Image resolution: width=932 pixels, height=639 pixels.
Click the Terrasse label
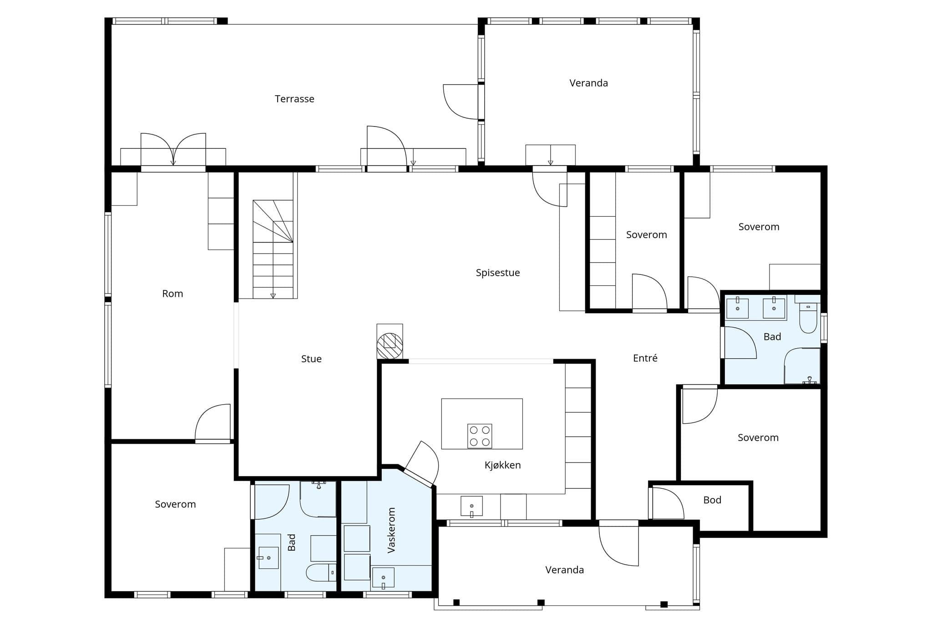pyautogui.click(x=294, y=99)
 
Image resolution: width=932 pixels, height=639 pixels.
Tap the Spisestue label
pyautogui.click(x=498, y=273)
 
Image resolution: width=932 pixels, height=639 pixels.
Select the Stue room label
pyautogui.click(x=311, y=359)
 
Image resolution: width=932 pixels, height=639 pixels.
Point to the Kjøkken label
pyautogui.click(x=502, y=465)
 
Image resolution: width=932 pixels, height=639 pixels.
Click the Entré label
pyautogui.click(x=645, y=358)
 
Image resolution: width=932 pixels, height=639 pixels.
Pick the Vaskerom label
pyautogui.click(x=391, y=530)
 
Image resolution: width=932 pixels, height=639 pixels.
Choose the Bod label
pyautogui.click(x=712, y=500)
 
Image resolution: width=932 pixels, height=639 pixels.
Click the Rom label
pyautogui.click(x=172, y=294)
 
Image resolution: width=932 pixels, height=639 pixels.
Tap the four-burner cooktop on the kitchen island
pyautogui.click(x=480, y=436)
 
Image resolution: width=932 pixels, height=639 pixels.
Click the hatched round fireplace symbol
pyautogui.click(x=390, y=346)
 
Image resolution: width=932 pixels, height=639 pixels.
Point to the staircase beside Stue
pyautogui.click(x=273, y=249)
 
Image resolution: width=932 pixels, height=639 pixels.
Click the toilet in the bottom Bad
pyautogui.click(x=321, y=572)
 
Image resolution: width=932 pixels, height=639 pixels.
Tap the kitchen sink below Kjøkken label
pyautogui.click(x=471, y=506)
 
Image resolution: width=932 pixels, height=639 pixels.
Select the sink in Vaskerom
pyautogui.click(x=383, y=578)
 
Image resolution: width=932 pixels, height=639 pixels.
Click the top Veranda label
pyautogui.click(x=588, y=83)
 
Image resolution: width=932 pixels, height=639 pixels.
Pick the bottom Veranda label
pyautogui.click(x=564, y=570)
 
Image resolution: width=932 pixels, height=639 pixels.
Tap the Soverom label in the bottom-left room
pyautogui.click(x=175, y=504)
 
